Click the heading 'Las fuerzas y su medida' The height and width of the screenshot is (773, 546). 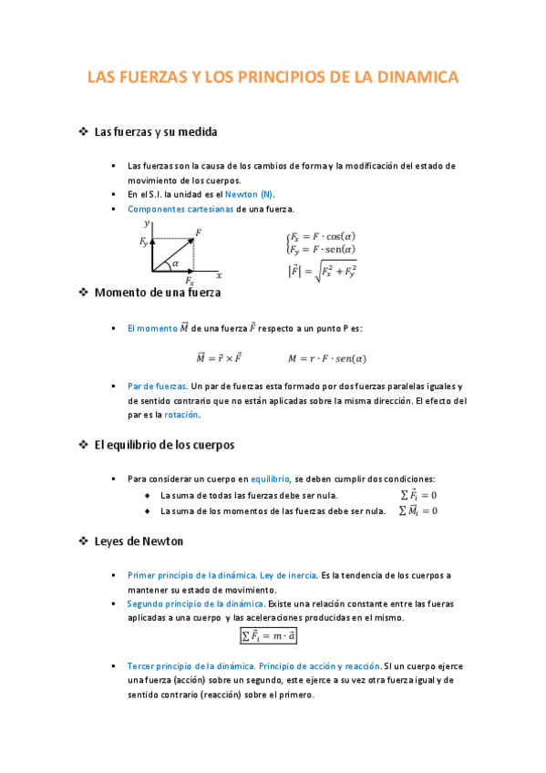(x=156, y=132)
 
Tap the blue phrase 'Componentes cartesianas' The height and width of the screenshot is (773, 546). (x=180, y=209)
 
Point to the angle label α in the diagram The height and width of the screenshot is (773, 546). (x=175, y=263)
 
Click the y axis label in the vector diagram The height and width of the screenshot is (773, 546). (x=146, y=223)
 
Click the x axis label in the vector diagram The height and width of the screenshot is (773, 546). (x=220, y=274)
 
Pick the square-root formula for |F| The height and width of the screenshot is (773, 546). (x=322, y=271)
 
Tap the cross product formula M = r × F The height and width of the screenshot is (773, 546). (x=220, y=358)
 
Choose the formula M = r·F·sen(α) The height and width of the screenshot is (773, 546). (x=327, y=358)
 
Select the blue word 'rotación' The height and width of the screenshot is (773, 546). (x=180, y=415)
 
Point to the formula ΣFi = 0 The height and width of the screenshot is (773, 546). (x=419, y=495)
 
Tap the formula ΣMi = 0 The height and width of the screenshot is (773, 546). (x=419, y=510)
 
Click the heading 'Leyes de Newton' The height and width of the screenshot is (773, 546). (x=139, y=541)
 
